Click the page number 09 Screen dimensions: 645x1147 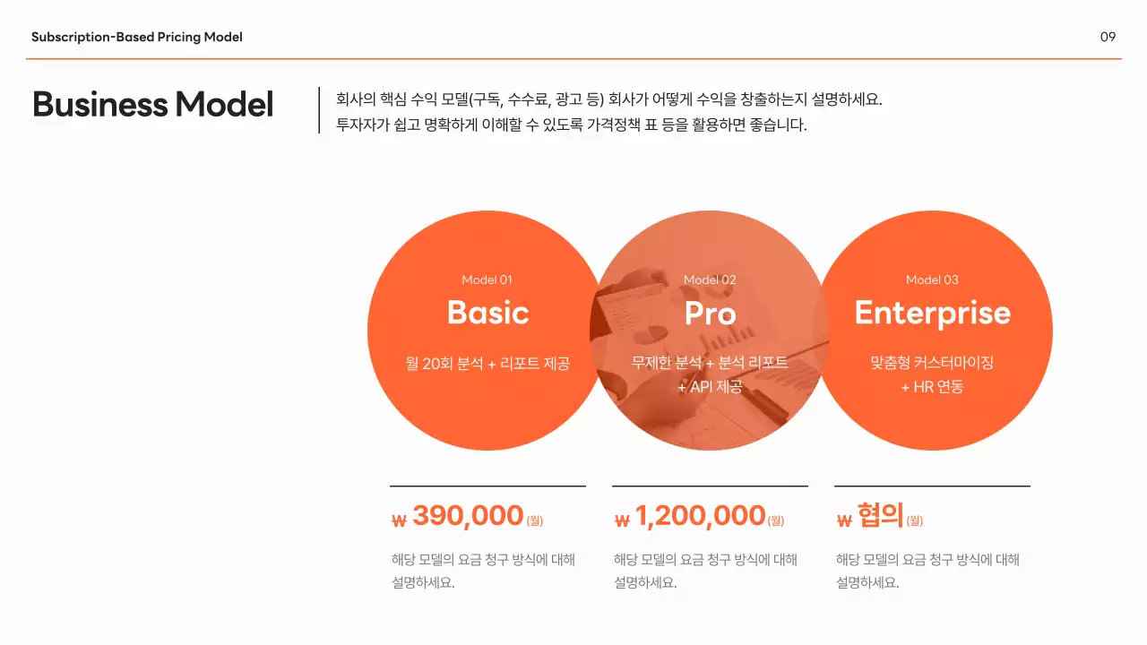coord(1108,37)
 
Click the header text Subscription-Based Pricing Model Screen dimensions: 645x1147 coord(137,37)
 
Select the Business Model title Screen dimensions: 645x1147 coord(152,105)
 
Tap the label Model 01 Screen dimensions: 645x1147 coord(487,279)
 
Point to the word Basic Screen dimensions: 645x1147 coord(487,313)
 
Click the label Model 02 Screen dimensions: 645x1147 coord(710,279)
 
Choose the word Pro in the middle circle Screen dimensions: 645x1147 coord(710,313)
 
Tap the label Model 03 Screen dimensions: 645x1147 coord(932,279)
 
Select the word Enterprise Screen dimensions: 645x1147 coord(932,313)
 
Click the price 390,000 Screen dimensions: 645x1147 coord(468,516)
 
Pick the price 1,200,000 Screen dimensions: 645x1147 coord(700,516)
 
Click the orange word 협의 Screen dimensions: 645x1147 coord(880,515)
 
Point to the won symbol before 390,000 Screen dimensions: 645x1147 coord(400,520)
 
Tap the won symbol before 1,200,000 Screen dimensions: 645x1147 coord(623,520)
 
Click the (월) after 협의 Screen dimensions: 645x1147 coord(914,520)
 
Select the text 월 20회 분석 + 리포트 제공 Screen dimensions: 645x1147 coord(487,364)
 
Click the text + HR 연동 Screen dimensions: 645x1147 coord(932,387)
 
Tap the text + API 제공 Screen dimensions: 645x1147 coord(710,387)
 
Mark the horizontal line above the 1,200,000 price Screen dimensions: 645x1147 coord(710,486)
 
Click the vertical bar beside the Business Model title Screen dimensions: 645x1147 coord(319,110)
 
